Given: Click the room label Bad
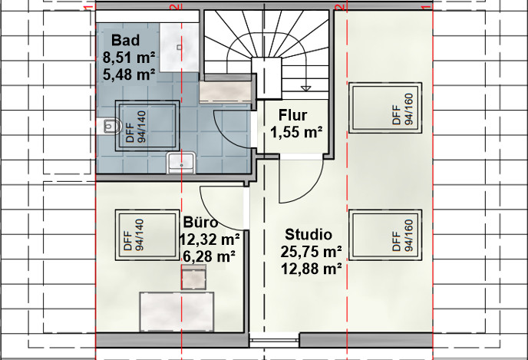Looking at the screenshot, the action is click(x=125, y=40).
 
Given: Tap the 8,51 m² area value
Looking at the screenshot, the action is click(x=129, y=58).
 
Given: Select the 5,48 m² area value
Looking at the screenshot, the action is click(x=129, y=74).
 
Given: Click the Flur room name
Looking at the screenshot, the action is click(x=292, y=115).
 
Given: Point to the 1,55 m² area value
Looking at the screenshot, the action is click(x=296, y=132).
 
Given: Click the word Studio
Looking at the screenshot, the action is click(x=309, y=234).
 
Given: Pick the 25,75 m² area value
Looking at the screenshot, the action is click(x=311, y=252).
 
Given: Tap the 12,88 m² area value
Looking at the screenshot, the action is click(x=311, y=269).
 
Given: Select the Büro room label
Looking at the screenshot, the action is click(x=201, y=223).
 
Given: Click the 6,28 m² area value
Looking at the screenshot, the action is click(x=209, y=256).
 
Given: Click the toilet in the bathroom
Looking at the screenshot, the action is click(x=109, y=127).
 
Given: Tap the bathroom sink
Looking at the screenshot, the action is click(x=181, y=163).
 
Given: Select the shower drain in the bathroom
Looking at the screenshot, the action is click(x=179, y=48).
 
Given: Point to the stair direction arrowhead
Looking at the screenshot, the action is click(x=305, y=88).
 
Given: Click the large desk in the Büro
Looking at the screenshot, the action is click(x=177, y=312).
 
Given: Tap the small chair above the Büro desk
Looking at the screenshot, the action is click(x=193, y=277).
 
